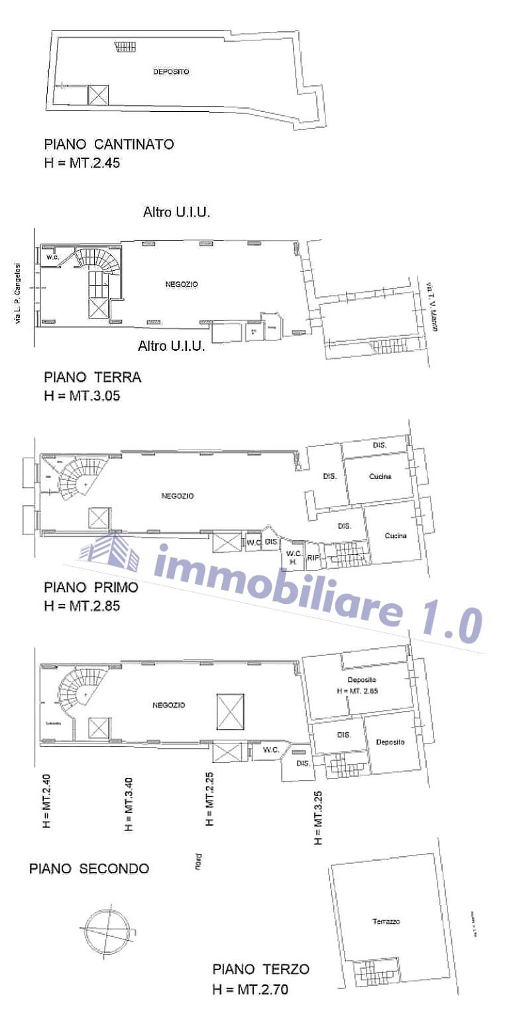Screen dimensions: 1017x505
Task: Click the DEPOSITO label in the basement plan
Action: [171, 72]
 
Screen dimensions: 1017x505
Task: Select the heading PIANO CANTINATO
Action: [109, 144]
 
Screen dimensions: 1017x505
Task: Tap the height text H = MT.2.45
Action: [82, 163]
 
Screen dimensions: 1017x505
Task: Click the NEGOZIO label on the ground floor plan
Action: [181, 284]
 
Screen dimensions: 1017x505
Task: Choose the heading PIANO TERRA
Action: [93, 377]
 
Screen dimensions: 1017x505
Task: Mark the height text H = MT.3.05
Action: [82, 397]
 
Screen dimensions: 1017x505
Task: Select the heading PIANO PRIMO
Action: [91, 587]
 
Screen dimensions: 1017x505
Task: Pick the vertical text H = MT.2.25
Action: [209, 798]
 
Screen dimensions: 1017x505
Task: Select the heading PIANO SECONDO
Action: [89, 869]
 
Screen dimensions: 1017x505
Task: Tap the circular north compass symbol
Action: [104, 927]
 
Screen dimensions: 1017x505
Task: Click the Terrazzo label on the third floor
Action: [386, 921]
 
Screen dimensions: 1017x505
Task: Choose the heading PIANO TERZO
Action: [260, 969]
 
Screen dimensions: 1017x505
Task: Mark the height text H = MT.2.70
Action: [251, 990]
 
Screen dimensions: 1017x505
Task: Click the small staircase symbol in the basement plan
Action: [125, 46]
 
